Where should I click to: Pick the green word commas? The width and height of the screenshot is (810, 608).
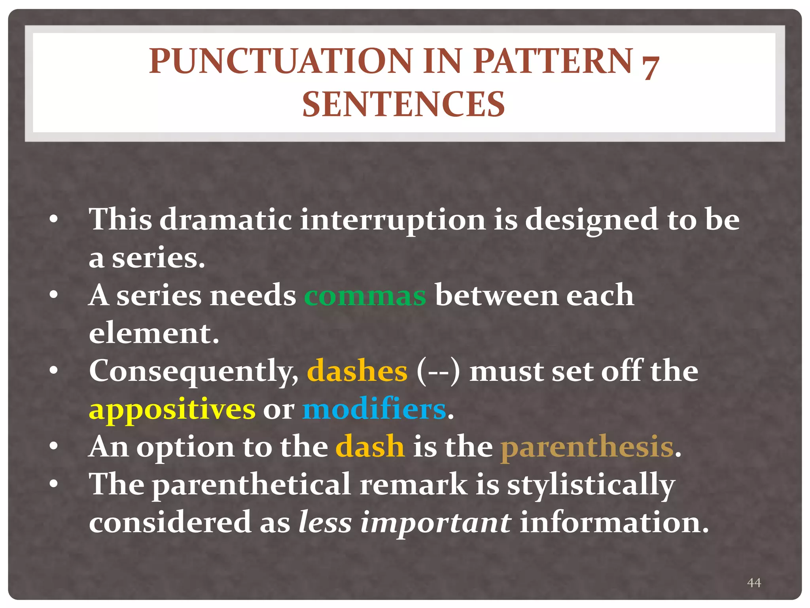pos(365,296)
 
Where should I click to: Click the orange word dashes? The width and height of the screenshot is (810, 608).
pos(357,371)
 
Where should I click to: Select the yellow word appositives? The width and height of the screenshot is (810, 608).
pos(172,410)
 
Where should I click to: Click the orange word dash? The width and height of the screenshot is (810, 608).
pos(370,447)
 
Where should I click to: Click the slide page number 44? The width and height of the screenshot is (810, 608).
pos(754,582)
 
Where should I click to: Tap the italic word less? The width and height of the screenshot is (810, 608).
pos(325,522)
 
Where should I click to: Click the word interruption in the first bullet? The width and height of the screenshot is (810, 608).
pos(392,220)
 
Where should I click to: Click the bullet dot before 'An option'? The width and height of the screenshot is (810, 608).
pos(54,446)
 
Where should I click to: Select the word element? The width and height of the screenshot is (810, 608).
pos(153,333)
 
